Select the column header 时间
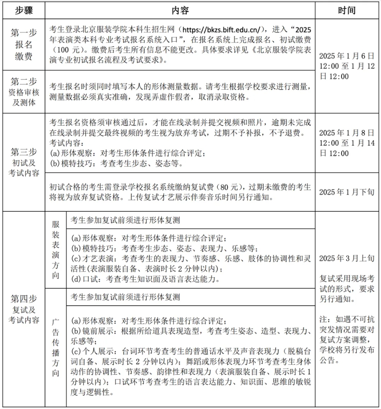click(347, 10)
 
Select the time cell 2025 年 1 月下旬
click(347, 192)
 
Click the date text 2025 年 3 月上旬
click(347, 259)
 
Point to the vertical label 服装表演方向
click(55, 250)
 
